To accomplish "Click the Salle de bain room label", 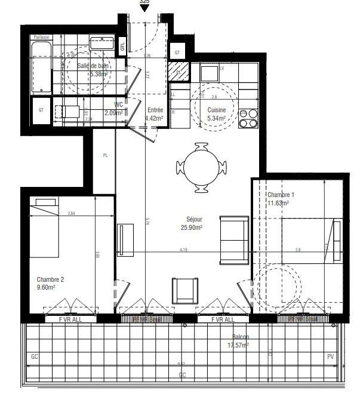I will click(x=93, y=70).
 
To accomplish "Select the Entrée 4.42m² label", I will click(x=155, y=114).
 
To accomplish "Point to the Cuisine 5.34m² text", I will click(x=216, y=114).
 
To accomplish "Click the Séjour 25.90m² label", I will click(x=191, y=223).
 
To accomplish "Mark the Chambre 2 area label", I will click(x=50, y=282).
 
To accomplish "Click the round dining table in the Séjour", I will click(x=202, y=168).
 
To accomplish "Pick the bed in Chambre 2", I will click(x=43, y=227).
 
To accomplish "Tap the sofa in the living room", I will click(x=233, y=240).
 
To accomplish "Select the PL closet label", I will click(x=106, y=155).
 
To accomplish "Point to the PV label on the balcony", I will click(x=330, y=356).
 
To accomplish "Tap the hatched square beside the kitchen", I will click(x=177, y=72).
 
